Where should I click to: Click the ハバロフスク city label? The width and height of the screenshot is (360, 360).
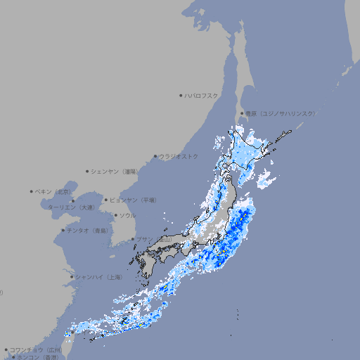coord(202,95)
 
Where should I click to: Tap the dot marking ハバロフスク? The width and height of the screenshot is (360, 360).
coord(181,95)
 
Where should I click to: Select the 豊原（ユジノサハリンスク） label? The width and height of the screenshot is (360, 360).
coord(281,113)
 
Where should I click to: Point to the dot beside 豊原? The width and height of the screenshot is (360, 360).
coord(242,113)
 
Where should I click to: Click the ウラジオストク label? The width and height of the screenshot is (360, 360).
coord(179,156)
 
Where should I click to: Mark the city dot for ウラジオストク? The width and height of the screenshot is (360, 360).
coord(155,156)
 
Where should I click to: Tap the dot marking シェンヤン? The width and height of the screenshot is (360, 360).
coord(88,171)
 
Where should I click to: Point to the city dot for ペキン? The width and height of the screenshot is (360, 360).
coord(32,191)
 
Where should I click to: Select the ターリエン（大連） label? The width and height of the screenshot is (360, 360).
coord(70,207)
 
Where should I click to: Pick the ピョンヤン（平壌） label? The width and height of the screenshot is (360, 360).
coord(133,200)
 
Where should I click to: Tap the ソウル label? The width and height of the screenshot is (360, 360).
coord(127,215)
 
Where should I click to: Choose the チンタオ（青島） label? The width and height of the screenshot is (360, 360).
coord(87,231)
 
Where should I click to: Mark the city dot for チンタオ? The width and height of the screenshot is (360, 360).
coord(63,231)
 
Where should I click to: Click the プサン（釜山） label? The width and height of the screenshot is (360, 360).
coord(153,239)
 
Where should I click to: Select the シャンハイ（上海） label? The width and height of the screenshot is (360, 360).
coord(98,277)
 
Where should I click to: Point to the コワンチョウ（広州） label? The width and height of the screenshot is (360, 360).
coord(35,349)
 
